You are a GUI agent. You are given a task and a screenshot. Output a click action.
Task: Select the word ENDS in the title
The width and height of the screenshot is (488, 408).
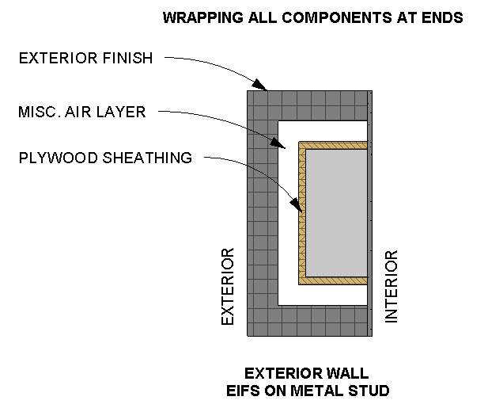[x=444, y=17]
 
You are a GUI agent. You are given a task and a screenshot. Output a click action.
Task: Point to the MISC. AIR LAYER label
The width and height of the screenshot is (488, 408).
[x=82, y=112]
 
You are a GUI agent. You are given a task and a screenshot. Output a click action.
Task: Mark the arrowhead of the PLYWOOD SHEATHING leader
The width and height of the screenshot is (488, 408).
[x=299, y=211]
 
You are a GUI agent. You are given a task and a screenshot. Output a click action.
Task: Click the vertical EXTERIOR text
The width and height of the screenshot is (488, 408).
[x=228, y=286]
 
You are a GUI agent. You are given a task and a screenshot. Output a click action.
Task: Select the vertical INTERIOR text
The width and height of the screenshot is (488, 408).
[x=391, y=286]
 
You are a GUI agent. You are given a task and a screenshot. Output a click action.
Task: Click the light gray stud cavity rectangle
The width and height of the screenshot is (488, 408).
[x=336, y=212]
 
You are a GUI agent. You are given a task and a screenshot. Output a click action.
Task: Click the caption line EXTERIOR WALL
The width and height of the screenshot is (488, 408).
[x=306, y=373]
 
